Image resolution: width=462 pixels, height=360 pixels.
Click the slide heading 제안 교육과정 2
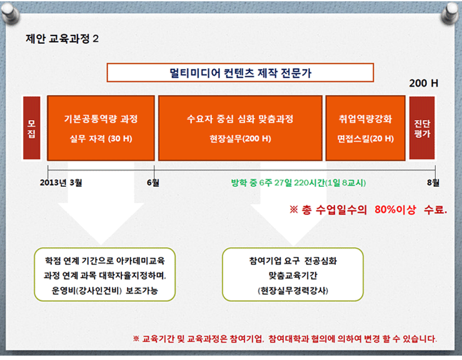(x=62, y=39)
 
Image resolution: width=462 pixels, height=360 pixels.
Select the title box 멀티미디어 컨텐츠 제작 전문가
(x=240, y=72)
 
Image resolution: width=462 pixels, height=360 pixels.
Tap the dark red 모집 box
(x=31, y=128)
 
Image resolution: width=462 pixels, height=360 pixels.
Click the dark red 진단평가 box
(x=422, y=128)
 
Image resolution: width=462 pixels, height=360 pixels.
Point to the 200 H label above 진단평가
(x=423, y=83)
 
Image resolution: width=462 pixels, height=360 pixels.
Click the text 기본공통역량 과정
(x=101, y=119)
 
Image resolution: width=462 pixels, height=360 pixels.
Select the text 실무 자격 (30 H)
(x=101, y=139)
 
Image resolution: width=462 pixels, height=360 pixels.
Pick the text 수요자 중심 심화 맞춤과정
(x=240, y=119)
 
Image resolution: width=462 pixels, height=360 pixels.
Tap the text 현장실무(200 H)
(x=240, y=139)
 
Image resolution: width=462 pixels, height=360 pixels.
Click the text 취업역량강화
(x=365, y=119)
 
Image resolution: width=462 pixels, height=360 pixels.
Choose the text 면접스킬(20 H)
(x=365, y=139)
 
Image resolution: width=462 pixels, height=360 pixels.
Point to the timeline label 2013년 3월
(x=61, y=182)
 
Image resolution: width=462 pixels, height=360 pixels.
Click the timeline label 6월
(x=153, y=182)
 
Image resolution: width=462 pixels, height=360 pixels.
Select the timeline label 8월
(x=433, y=182)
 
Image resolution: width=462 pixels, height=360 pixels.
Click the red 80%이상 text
(x=395, y=209)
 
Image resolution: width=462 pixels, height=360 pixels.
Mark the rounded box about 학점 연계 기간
(x=105, y=274)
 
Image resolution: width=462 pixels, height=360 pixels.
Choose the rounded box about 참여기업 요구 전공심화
(x=293, y=274)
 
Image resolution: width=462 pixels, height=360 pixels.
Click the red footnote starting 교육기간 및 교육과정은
(x=285, y=339)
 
